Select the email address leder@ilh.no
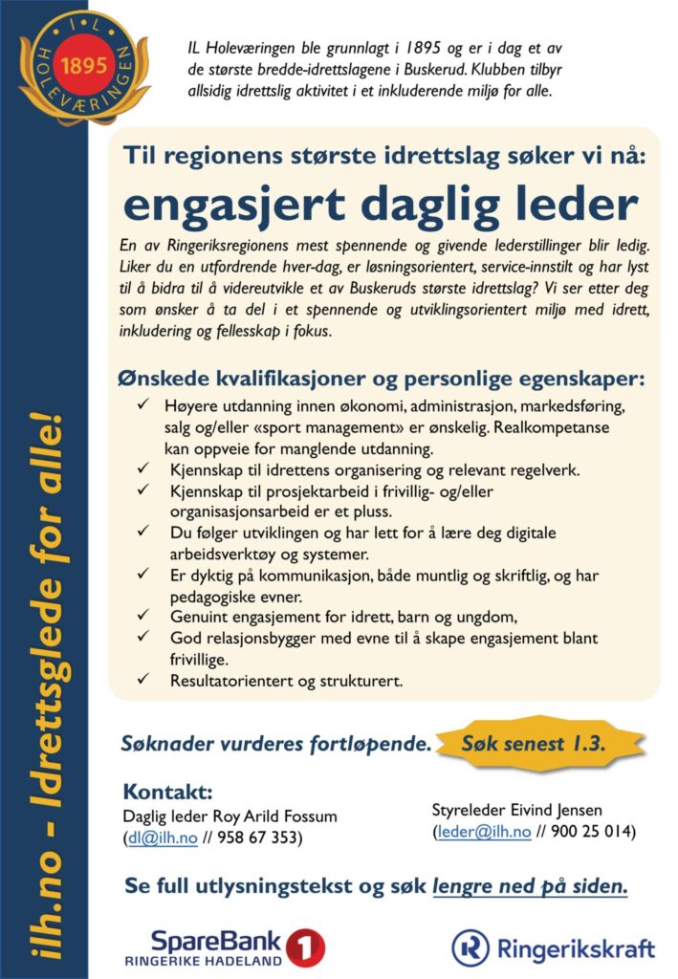coord(483,831)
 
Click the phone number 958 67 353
coord(258,838)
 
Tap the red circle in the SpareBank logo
coord(305,946)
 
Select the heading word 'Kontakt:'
coord(167,794)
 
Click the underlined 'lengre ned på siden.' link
coord(530,887)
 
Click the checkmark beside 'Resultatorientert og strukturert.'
coord(142,681)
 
